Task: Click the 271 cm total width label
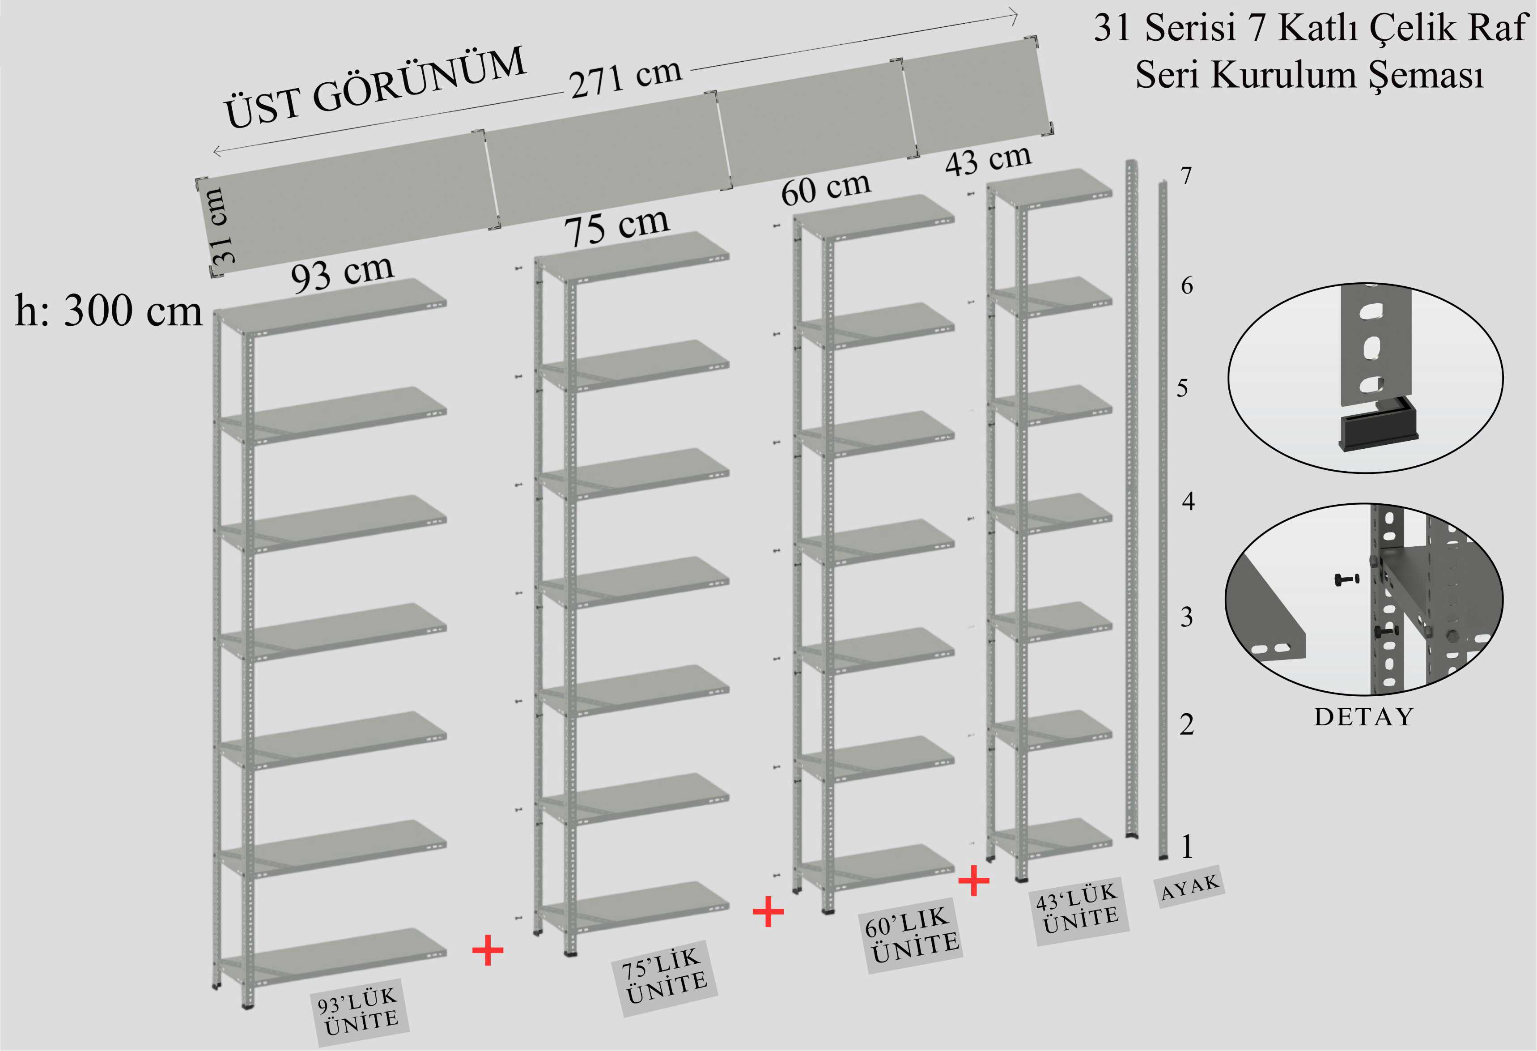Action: click(x=625, y=78)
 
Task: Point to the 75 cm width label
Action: click(x=616, y=226)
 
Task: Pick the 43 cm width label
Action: click(x=987, y=159)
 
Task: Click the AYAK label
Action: click(x=1190, y=886)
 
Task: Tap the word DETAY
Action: click(x=1364, y=717)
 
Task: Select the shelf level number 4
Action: click(x=1188, y=502)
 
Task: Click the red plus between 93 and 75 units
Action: click(x=488, y=950)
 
